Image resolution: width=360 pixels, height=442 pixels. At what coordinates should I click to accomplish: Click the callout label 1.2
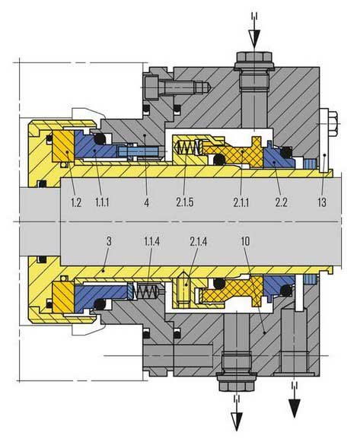(x=76, y=202)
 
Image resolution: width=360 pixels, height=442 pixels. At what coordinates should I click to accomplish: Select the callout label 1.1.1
(x=102, y=202)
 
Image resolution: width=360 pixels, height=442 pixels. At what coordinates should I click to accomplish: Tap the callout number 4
(x=147, y=202)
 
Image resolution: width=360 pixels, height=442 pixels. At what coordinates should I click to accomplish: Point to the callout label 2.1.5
(x=185, y=202)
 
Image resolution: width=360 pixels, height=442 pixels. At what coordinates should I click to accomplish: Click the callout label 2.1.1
(x=241, y=202)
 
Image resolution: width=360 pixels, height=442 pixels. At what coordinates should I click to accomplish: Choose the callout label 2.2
(x=281, y=202)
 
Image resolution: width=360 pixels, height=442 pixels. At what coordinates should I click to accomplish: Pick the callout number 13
(x=322, y=202)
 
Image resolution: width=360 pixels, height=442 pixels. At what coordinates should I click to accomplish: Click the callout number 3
(x=109, y=241)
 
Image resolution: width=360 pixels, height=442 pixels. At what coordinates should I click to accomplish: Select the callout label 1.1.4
(x=152, y=241)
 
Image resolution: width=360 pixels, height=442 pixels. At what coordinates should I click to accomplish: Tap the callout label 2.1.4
(x=199, y=241)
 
